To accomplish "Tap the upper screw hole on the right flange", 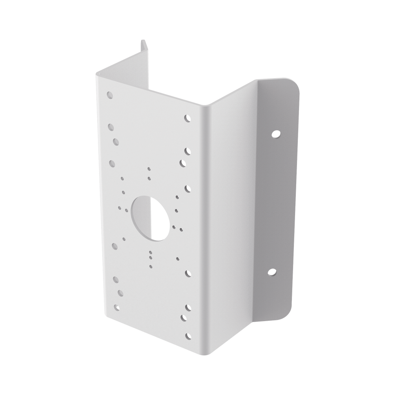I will click(275, 134).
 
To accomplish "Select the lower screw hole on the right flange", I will click(272, 271).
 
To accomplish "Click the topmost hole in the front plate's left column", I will click(110, 95).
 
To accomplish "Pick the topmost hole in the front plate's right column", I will click(187, 118).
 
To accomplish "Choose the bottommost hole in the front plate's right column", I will click(189, 336).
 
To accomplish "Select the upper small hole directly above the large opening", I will click(149, 169).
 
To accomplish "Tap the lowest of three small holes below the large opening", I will click(150, 260).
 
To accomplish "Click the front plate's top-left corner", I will click(96, 74).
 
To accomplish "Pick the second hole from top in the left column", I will click(111, 127).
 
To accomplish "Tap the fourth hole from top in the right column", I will click(187, 188).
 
